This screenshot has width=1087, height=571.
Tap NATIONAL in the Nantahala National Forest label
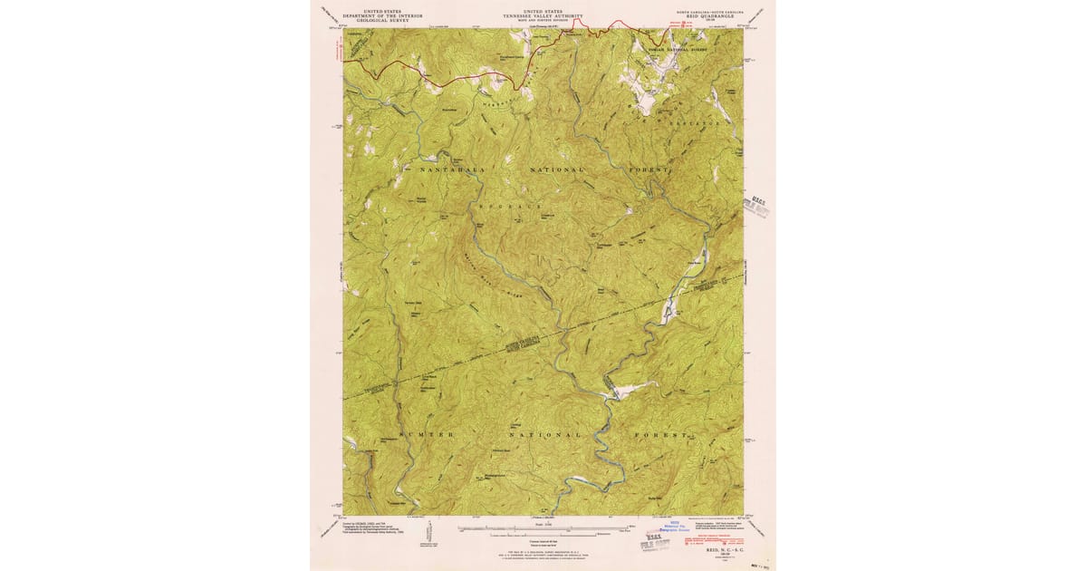551,169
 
